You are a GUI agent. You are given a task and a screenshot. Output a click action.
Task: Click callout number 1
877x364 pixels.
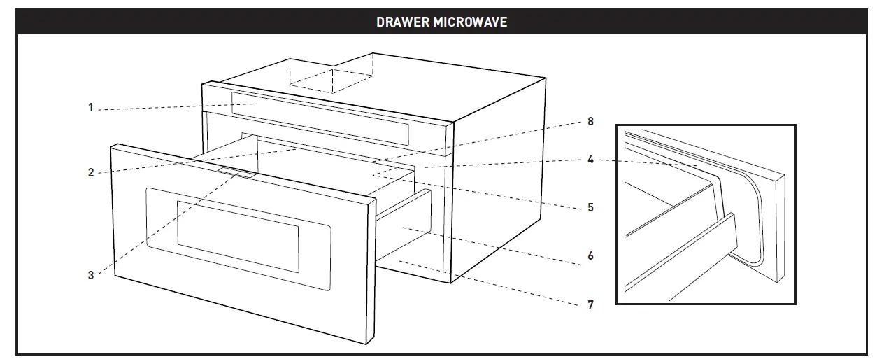(x=90, y=108)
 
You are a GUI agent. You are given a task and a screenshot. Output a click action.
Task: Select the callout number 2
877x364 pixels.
(x=90, y=172)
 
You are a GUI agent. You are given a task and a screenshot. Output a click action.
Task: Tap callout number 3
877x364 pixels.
(x=90, y=275)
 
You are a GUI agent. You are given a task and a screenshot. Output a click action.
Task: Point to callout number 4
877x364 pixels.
(x=590, y=160)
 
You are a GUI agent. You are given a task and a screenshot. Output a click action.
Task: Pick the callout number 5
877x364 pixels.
(x=590, y=207)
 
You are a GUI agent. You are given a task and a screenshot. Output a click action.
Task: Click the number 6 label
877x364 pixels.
(x=590, y=256)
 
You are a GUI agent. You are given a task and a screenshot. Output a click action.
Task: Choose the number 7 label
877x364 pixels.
(x=590, y=304)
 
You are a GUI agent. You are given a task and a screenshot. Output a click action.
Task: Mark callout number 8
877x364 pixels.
(x=590, y=121)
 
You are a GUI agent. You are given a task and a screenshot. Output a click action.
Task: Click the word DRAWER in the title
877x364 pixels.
(x=402, y=22)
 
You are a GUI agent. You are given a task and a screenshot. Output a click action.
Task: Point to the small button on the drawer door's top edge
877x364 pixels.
(x=234, y=172)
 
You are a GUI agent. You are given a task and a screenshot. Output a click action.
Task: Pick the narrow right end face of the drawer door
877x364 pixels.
(x=368, y=273)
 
